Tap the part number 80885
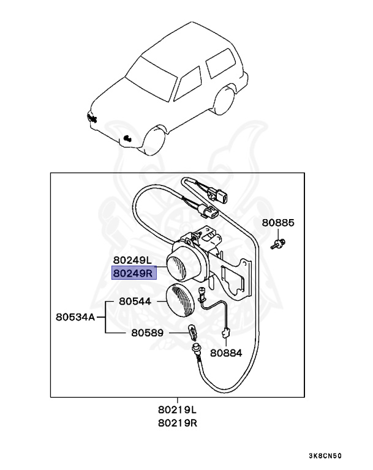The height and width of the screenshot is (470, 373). click(x=279, y=223)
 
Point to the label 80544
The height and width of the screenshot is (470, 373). click(x=135, y=302)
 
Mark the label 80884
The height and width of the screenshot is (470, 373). click(x=226, y=352)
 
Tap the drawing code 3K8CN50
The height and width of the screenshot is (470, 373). click(x=325, y=456)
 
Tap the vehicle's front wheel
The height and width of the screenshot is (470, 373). click(x=154, y=143)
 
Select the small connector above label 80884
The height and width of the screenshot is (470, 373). click(x=225, y=333)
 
